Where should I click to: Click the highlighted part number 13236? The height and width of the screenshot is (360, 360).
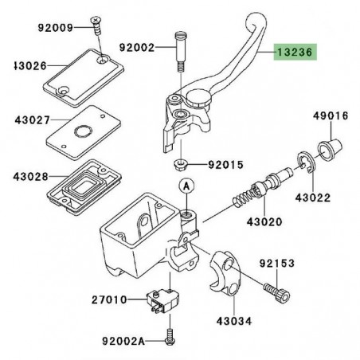pyautogui.click(x=295, y=53)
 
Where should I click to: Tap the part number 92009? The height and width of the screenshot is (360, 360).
pyautogui.click(x=55, y=28)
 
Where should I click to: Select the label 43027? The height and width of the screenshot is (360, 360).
pyautogui.click(x=33, y=120)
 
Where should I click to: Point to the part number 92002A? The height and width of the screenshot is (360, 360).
pyautogui.click(x=123, y=341)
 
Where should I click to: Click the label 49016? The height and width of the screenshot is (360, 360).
pyautogui.click(x=331, y=115)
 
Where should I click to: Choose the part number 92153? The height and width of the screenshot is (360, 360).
pyautogui.click(x=277, y=264)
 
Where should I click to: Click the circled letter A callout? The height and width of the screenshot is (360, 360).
pyautogui.click(x=186, y=186)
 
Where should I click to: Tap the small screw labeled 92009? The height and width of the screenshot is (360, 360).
pyautogui.click(x=96, y=25)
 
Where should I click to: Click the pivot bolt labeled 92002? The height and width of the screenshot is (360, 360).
pyautogui.click(x=181, y=52)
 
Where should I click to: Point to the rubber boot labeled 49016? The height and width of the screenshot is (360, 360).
pyautogui.click(x=330, y=150)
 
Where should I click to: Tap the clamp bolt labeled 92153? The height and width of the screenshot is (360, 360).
pyautogui.click(x=277, y=292)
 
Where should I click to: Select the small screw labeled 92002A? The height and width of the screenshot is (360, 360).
pyautogui.click(x=170, y=337)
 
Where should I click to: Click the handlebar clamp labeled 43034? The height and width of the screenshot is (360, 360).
pyautogui.click(x=225, y=273)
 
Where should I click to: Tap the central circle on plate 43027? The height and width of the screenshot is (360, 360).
pyautogui.click(x=83, y=131)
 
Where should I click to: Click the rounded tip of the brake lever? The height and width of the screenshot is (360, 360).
pyautogui.click(x=256, y=20)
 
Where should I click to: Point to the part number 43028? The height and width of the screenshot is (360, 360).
pyautogui.click(x=31, y=176)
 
